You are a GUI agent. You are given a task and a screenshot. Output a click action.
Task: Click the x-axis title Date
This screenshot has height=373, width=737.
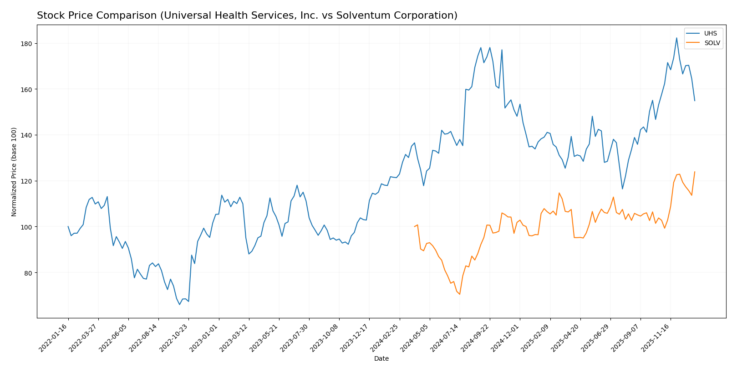coord(381,359)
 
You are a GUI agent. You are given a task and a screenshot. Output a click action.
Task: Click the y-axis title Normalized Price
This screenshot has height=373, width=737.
coord(14,172)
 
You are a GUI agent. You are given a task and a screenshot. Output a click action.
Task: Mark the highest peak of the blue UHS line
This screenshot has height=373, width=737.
coord(676,38)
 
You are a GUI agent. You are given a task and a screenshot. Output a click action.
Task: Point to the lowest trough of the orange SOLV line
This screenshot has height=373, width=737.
coord(460,294)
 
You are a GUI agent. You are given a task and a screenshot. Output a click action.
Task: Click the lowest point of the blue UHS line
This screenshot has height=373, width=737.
coord(179,304)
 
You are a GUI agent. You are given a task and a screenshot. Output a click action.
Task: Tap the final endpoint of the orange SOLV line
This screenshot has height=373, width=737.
coord(695,172)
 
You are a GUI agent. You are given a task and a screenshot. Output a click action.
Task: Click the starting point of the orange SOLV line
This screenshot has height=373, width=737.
coord(415,226)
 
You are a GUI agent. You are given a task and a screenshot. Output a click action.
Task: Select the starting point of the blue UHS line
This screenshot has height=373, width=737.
coord(68,226)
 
